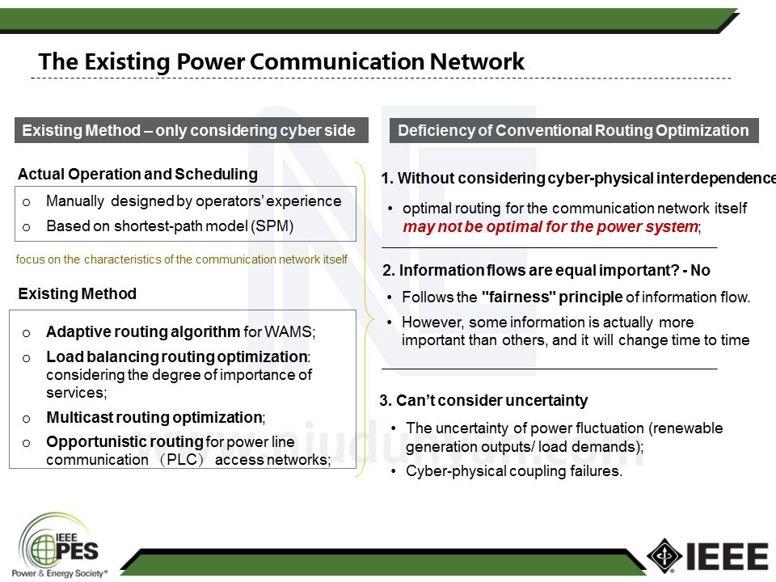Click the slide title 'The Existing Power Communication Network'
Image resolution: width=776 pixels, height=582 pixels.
tap(281, 61)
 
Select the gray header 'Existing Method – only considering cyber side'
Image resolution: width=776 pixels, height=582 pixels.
tap(189, 131)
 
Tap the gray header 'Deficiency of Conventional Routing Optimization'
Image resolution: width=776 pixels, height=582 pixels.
tap(573, 131)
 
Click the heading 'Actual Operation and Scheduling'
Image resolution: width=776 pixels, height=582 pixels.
tap(137, 174)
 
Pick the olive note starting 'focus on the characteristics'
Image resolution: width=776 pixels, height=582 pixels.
tap(182, 259)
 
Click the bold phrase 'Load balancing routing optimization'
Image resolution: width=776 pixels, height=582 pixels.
tap(177, 356)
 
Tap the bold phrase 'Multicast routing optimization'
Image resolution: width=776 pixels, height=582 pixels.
tap(154, 418)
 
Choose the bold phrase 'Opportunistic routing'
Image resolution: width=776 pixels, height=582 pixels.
tap(124, 441)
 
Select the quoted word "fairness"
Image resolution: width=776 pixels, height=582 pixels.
tap(517, 297)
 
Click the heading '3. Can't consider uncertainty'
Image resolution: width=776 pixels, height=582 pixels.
tap(483, 400)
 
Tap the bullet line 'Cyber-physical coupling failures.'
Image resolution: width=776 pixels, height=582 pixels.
tap(514, 471)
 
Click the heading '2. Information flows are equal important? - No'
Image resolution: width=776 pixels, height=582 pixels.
tap(546, 271)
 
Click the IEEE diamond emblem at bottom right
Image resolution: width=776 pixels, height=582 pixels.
tap(664, 555)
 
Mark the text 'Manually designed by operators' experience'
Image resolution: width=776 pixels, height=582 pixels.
tap(194, 201)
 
